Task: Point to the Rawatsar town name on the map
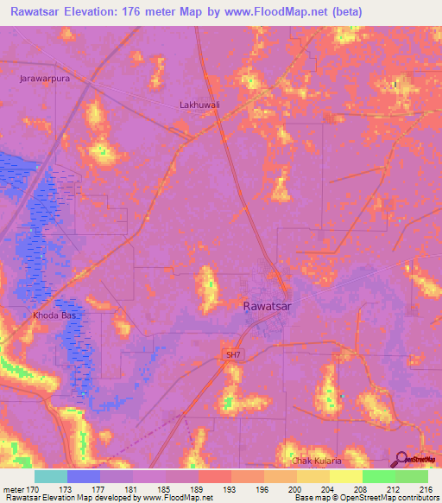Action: point(273,306)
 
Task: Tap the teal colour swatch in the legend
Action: point(51,476)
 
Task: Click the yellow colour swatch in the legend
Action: point(345,476)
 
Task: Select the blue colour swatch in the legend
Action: point(84,476)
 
